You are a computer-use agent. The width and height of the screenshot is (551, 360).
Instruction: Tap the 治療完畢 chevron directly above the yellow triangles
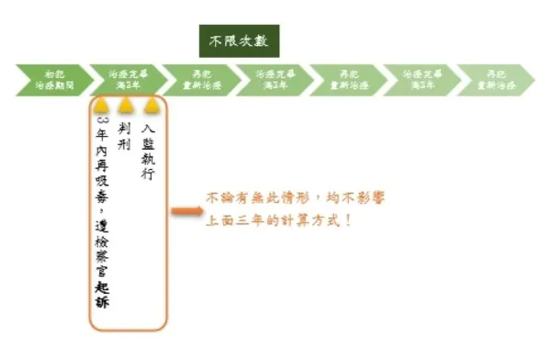pyautogui.click(x=126, y=80)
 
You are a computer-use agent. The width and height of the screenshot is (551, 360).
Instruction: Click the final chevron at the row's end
pyautogui.click(x=497, y=80)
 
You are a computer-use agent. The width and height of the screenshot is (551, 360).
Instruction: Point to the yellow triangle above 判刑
pyautogui.click(x=125, y=105)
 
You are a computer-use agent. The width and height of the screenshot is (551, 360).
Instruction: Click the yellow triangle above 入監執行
pyautogui.click(x=150, y=105)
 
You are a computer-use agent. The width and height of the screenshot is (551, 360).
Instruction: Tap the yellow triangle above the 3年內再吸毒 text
pyautogui.click(x=101, y=105)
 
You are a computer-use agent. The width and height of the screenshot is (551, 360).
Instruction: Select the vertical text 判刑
pyautogui.click(x=125, y=137)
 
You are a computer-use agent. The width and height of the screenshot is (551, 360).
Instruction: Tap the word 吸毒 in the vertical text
pyautogui.click(x=101, y=183)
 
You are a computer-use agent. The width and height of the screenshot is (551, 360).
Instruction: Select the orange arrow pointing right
pyautogui.click(x=186, y=212)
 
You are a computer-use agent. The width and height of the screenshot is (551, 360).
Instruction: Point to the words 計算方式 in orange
pyautogui.click(x=324, y=221)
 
